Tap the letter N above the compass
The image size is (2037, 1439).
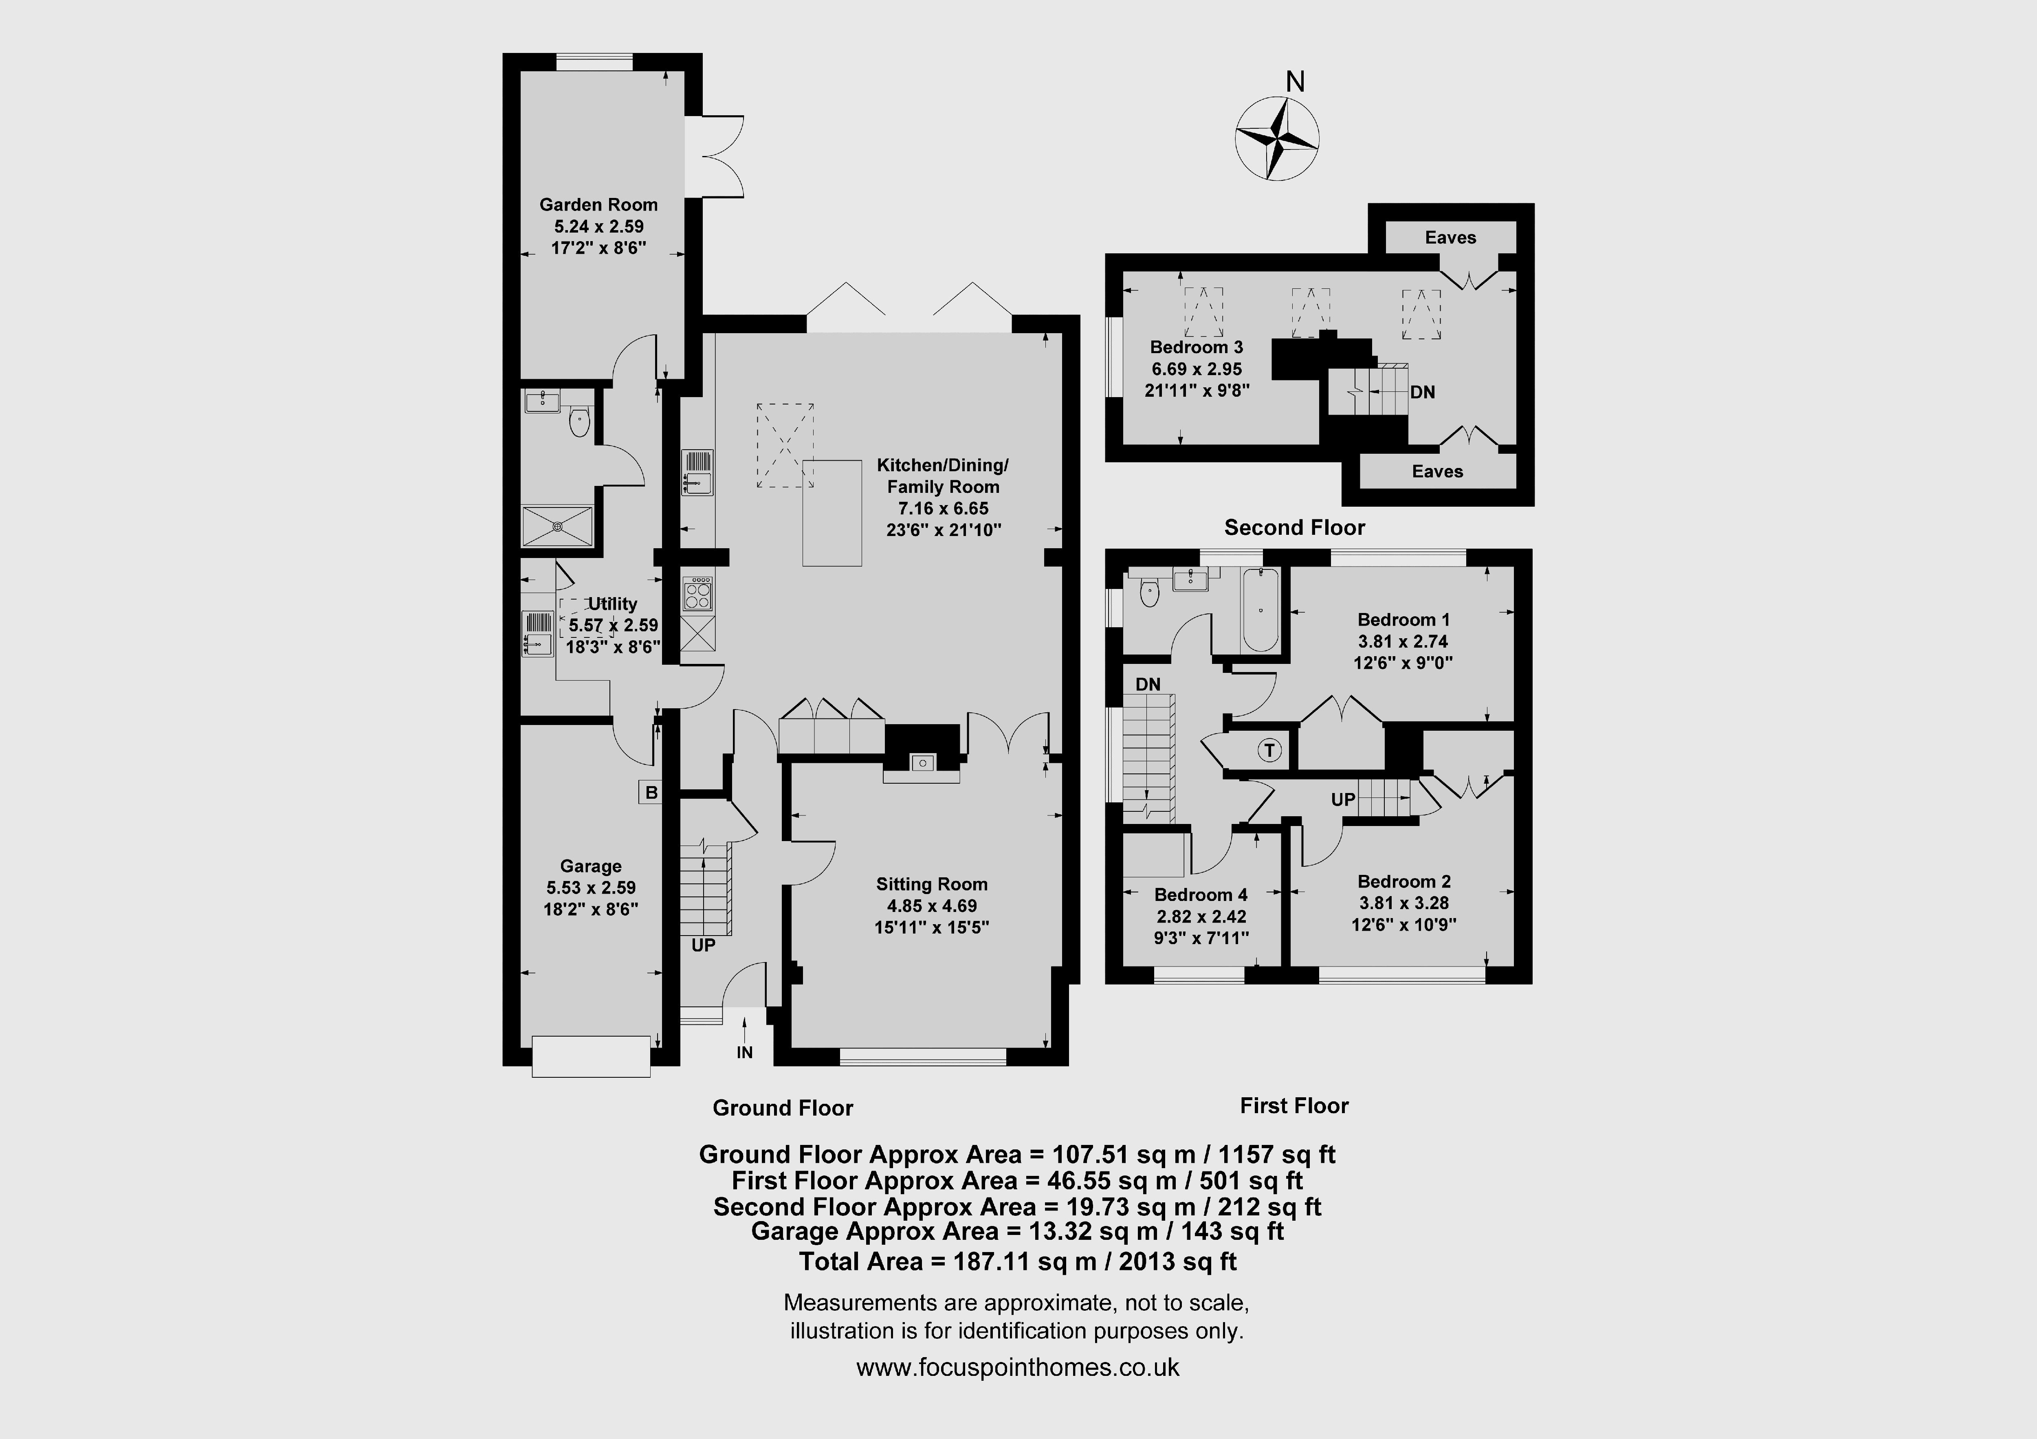pyautogui.click(x=1295, y=81)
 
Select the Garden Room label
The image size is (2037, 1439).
pyautogui.click(x=599, y=205)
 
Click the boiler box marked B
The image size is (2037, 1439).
pyautogui.click(x=651, y=792)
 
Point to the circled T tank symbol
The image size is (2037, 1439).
pyautogui.click(x=1269, y=751)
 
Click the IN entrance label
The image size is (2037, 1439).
pyautogui.click(x=744, y=1052)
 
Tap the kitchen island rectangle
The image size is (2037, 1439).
pyautogui.click(x=832, y=513)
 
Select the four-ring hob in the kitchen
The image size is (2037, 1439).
pyautogui.click(x=698, y=593)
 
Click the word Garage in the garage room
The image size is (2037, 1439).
pyautogui.click(x=591, y=866)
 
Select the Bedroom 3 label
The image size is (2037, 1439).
pyautogui.click(x=1197, y=347)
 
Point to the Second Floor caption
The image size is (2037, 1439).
pyautogui.click(x=1294, y=528)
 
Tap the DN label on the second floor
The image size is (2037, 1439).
pyautogui.click(x=1422, y=392)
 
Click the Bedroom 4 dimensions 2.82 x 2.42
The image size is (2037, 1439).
pyautogui.click(x=1200, y=916)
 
